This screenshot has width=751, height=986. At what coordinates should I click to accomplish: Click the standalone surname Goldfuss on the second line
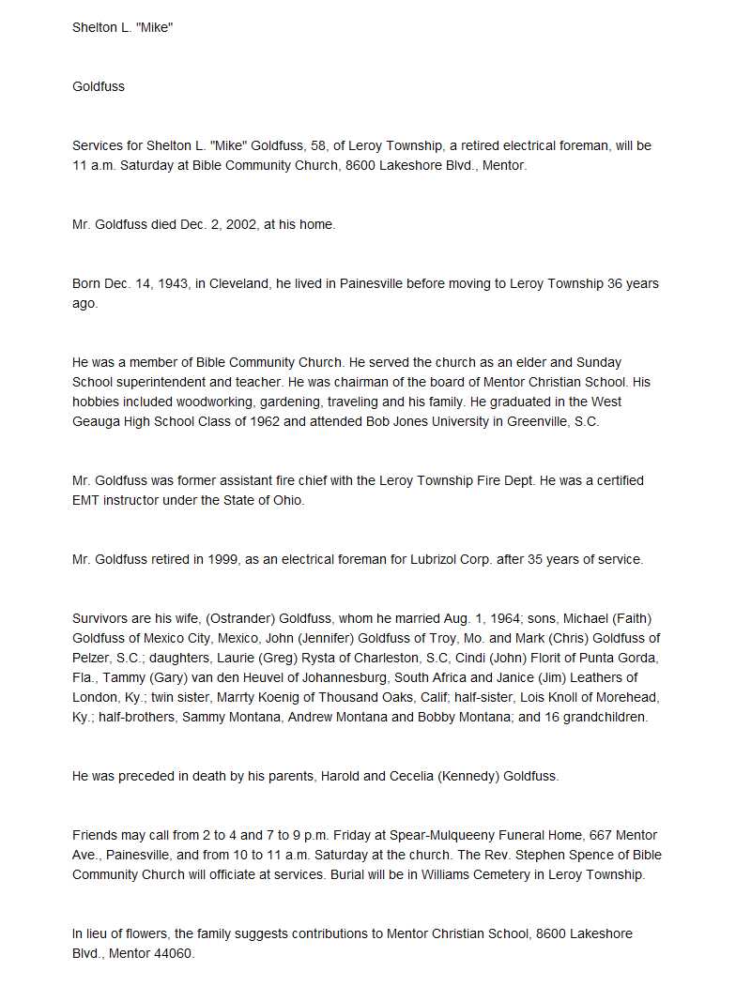[x=99, y=86]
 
